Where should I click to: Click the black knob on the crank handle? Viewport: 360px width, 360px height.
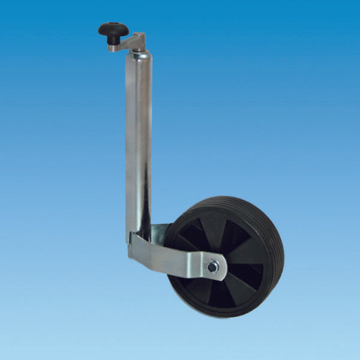point(114,28)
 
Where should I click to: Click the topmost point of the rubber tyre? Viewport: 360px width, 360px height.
point(231,197)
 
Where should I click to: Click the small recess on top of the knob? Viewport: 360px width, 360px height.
point(114,25)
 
